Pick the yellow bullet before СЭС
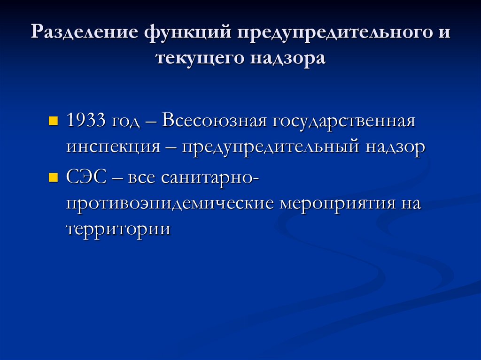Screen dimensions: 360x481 tap(53, 179)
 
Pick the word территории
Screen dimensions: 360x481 tap(118, 230)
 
